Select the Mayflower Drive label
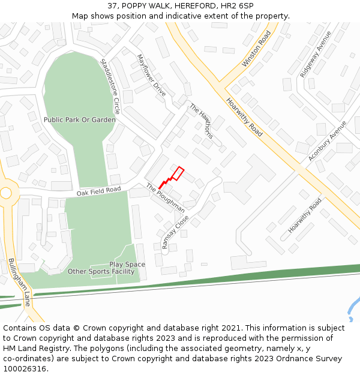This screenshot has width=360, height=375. (x=151, y=76)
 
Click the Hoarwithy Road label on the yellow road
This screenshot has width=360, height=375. (x=244, y=117)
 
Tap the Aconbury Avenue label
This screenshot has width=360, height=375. (x=328, y=141)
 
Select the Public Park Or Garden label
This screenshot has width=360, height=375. (x=80, y=120)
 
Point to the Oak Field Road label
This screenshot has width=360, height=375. (x=98, y=191)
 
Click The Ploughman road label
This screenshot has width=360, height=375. (x=166, y=197)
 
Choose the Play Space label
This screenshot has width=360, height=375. (x=127, y=265)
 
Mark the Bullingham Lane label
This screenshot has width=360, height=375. (x=19, y=282)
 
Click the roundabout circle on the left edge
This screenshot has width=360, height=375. (x=5, y=193)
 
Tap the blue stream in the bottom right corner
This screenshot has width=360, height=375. (x=352, y=308)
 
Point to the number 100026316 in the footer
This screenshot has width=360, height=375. (x=25, y=368)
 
